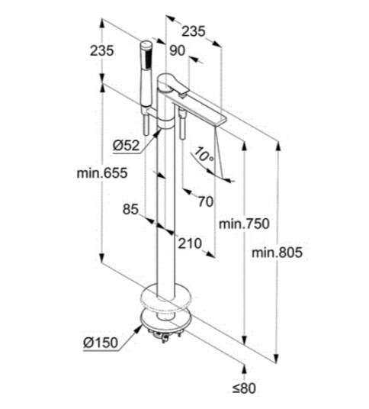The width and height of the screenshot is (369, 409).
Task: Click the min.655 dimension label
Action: [102, 172]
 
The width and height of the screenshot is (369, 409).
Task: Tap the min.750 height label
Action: [244, 224]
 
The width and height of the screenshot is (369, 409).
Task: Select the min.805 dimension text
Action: [277, 253]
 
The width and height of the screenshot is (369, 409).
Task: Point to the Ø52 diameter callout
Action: [126, 145]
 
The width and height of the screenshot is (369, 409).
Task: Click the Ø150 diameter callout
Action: [101, 343]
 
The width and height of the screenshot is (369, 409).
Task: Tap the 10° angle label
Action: [204, 154]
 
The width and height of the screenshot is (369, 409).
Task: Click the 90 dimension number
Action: [177, 50]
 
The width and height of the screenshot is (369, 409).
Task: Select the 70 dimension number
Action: [205, 201]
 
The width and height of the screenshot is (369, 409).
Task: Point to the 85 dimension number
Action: [130, 209]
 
